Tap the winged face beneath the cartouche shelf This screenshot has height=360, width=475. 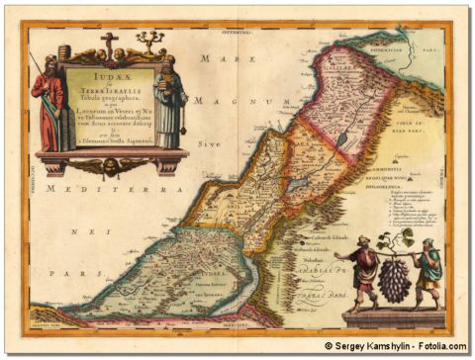click(x=110, y=165)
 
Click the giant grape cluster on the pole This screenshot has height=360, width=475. click(x=394, y=279)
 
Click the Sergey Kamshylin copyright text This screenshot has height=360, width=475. click(x=395, y=346)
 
